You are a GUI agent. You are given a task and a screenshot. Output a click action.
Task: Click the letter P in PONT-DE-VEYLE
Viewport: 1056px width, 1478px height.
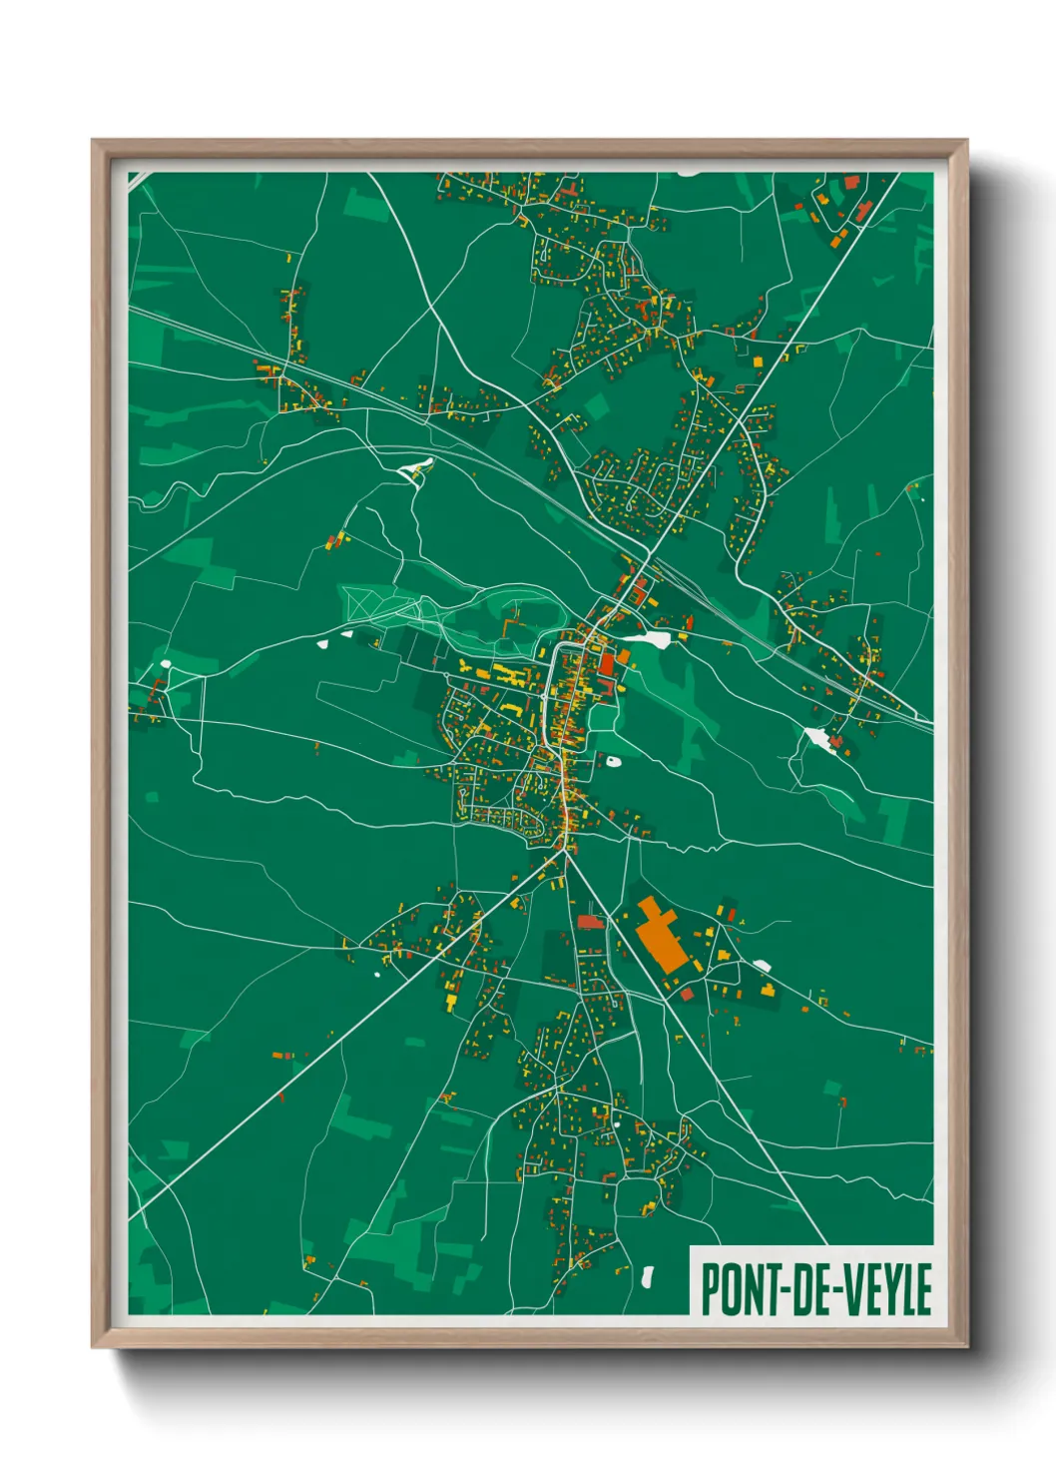(710, 1289)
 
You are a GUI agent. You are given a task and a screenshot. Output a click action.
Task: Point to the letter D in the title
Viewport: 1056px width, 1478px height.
(798, 1289)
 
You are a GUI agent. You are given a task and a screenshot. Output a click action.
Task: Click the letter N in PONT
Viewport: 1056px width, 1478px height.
(750, 1289)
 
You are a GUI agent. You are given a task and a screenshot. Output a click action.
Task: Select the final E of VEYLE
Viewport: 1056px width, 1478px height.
(922, 1289)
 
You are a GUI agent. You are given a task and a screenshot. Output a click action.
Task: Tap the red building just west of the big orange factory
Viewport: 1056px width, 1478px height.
(590, 921)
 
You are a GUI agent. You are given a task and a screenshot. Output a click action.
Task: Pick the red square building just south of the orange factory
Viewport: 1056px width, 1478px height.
(687, 994)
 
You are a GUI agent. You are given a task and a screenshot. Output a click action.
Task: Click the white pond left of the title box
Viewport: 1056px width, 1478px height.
(648, 1275)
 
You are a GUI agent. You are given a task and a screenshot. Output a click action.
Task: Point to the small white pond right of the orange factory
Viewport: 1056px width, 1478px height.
(763, 965)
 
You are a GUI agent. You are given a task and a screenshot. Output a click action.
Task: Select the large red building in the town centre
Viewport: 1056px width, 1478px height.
(607, 664)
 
